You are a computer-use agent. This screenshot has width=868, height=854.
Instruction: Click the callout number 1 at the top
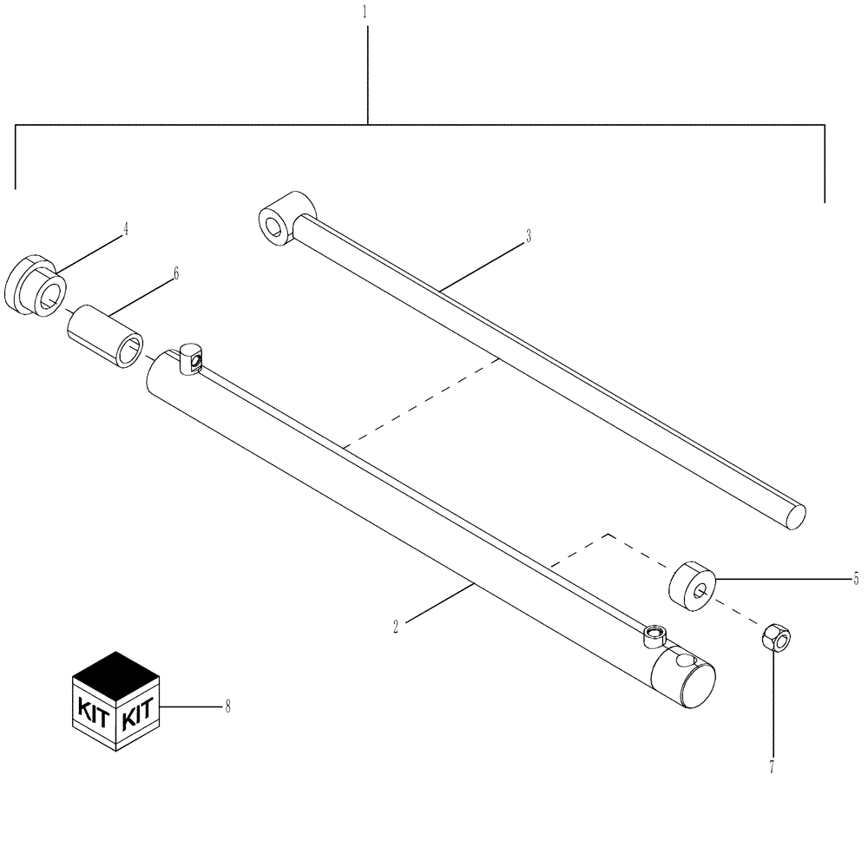pos(365,13)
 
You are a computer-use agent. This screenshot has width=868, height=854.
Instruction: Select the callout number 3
pos(528,236)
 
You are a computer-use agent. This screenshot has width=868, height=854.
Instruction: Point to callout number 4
pos(125,229)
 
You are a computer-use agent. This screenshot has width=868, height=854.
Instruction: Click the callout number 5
pos(855,578)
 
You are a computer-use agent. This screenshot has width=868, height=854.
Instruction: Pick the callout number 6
pos(175,273)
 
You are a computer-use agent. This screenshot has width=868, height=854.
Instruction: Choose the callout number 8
pos(227,707)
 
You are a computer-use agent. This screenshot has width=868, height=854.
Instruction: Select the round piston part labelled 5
pos(692,590)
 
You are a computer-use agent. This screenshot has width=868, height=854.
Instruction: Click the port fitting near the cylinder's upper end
pos(192,358)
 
